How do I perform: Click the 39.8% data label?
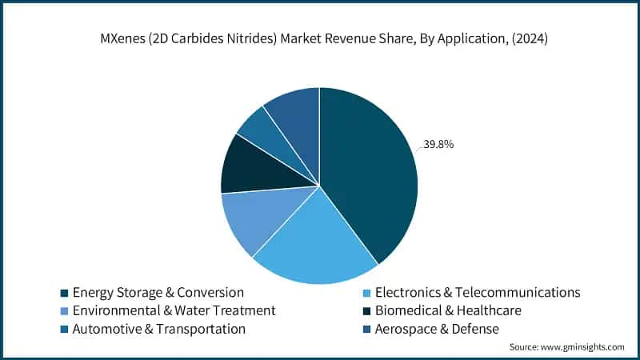tap(438, 145)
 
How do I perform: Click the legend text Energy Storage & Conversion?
tap(158, 292)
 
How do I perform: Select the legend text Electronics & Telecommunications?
tap(478, 292)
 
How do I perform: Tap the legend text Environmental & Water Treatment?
tap(174, 310)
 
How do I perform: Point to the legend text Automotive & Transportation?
tap(158, 329)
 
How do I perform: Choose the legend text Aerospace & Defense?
tap(442, 329)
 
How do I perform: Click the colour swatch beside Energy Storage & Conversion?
tap(64, 293)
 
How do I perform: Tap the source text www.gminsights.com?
tap(585, 347)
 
